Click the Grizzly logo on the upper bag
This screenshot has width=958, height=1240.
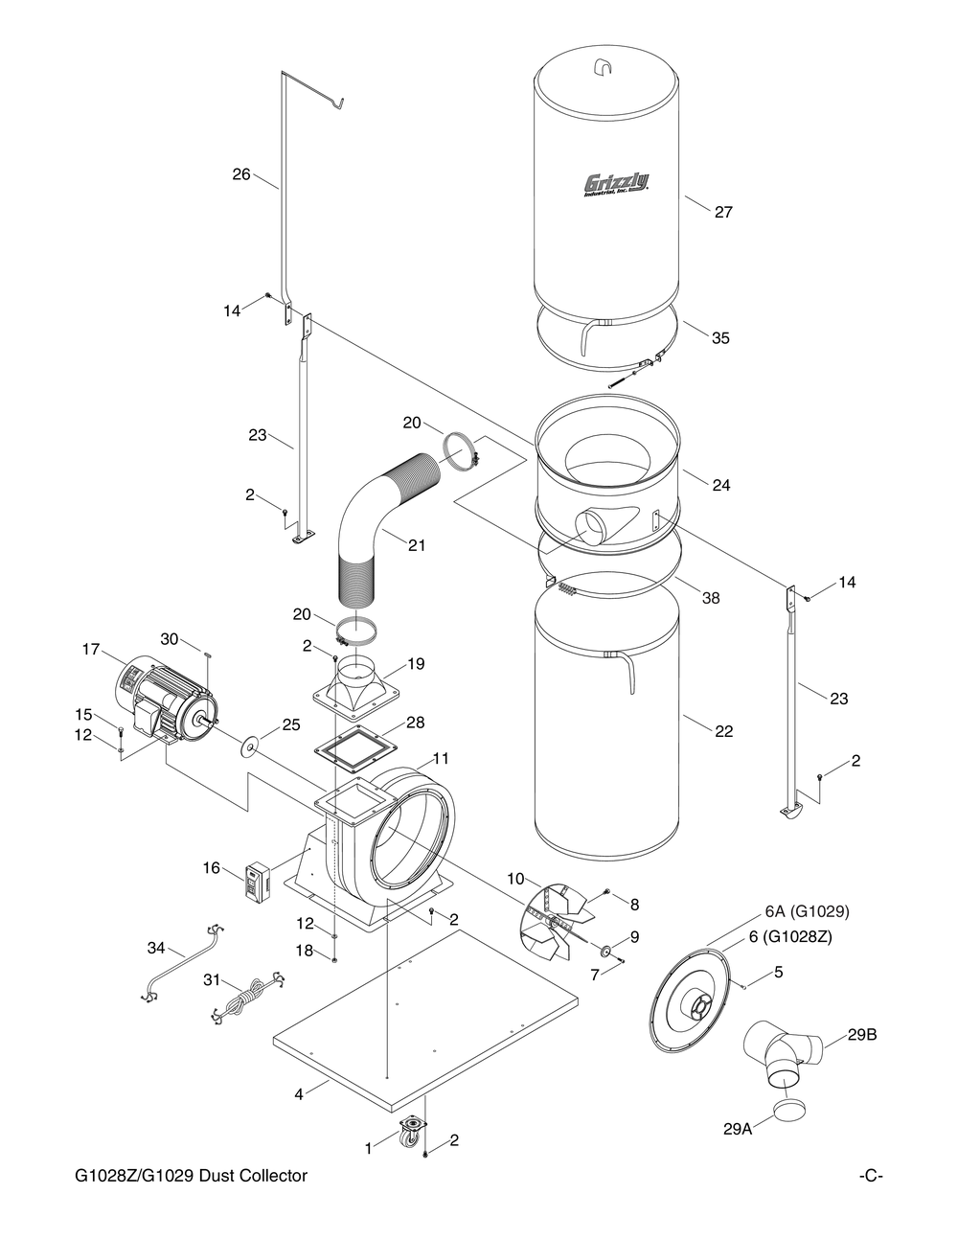coord(616,183)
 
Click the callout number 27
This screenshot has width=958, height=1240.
coord(723,212)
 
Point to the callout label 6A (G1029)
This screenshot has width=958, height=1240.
coord(807,910)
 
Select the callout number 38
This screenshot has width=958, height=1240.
coord(710,598)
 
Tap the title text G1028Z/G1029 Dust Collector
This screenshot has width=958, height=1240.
coord(192,1175)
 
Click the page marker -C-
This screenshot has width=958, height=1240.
coord(870,1175)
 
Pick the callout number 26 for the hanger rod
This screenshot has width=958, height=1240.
coord(241,174)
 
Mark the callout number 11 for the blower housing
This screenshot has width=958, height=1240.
coord(440,758)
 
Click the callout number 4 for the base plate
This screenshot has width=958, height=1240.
coord(299,1093)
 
